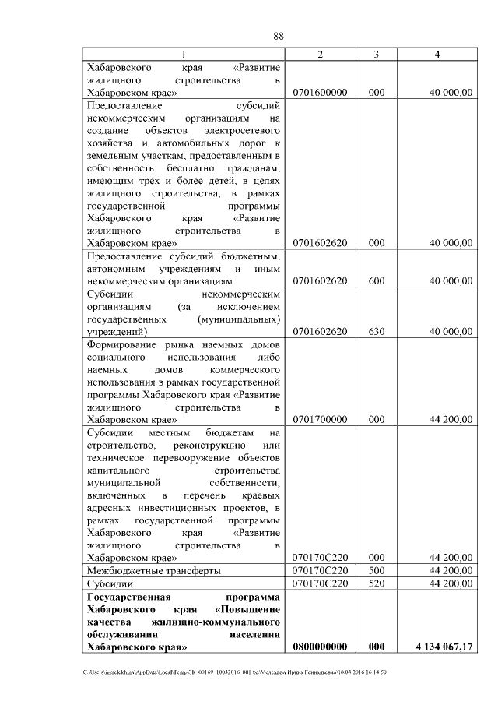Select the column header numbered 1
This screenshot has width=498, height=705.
[184, 54]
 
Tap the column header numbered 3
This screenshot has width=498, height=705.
[377, 54]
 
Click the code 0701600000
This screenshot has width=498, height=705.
[320, 92]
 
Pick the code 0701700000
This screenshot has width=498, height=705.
[320, 418]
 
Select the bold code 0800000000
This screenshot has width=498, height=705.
[320, 646]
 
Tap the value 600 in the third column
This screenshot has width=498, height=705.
[377, 280]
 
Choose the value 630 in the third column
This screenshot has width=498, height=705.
[377, 331]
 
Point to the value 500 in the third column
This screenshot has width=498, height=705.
[377, 570]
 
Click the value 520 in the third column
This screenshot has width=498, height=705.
[377, 582]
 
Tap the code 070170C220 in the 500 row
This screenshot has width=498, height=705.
[320, 570]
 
